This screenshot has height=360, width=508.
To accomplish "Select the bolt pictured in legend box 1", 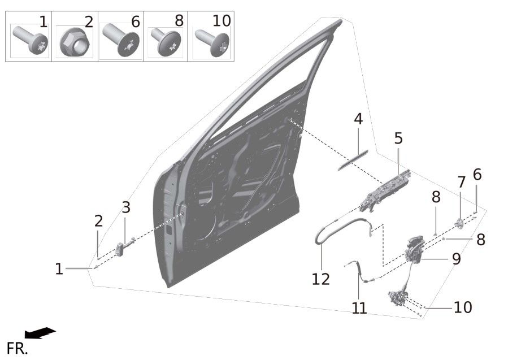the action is coord(31,40).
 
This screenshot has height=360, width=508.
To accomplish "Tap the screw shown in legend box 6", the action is coord(121,41).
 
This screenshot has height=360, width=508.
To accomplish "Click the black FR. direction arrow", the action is coord(40,333).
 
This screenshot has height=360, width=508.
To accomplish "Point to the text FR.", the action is coord(17,349).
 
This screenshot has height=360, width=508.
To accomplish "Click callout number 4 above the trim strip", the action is coord(358,119).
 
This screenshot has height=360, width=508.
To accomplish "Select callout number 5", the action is coord(398,138).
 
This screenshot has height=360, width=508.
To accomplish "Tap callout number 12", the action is coord(321,279).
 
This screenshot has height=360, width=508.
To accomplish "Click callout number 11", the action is coord(359,308).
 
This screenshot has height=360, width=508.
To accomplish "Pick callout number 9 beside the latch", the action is coord(456,259).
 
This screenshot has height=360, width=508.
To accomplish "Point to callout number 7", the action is coord(461,183).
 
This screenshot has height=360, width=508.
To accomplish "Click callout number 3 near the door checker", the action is coord(126,207).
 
